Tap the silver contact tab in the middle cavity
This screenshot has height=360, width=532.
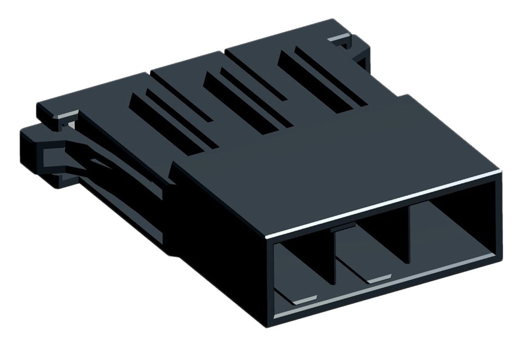point(376,278)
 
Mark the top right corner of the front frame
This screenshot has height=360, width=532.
point(500,173)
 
